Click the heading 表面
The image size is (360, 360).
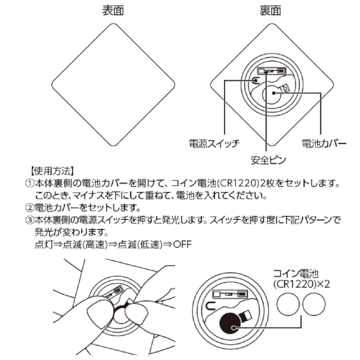coord(115,11)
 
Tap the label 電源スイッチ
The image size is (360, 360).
coord(214,143)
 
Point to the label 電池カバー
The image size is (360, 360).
coord(323,143)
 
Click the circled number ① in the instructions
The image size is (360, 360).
coord(28,183)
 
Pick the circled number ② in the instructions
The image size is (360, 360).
coord(28,208)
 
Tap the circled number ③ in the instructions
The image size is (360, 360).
coord(28,220)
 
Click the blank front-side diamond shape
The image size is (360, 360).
coord(115,84)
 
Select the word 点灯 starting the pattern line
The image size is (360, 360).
coord(37,245)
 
